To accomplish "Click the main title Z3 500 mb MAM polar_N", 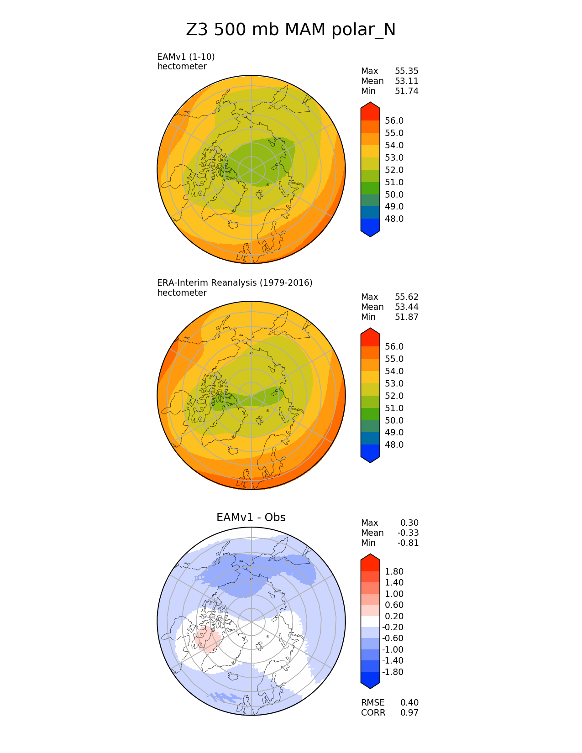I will [x=291, y=30].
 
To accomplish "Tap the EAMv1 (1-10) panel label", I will [x=186, y=57].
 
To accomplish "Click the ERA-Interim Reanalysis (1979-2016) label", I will [x=235, y=282].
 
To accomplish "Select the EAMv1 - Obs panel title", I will [x=251, y=518].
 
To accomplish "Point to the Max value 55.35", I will [x=406, y=71].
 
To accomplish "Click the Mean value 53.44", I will [x=406, y=307].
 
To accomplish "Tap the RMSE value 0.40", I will [x=409, y=703].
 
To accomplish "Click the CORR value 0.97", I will [x=409, y=713].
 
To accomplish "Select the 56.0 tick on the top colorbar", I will [x=394, y=121].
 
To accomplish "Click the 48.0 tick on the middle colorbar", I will [x=394, y=445].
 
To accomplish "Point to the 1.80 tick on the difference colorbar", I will [x=394, y=572].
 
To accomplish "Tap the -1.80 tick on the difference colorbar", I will [x=393, y=672].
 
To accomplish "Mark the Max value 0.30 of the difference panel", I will [x=409, y=523].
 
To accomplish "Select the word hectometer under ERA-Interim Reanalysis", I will [x=182, y=293].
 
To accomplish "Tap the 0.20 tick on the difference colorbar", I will [x=394, y=617].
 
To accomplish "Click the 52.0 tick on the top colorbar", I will [x=394, y=170].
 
